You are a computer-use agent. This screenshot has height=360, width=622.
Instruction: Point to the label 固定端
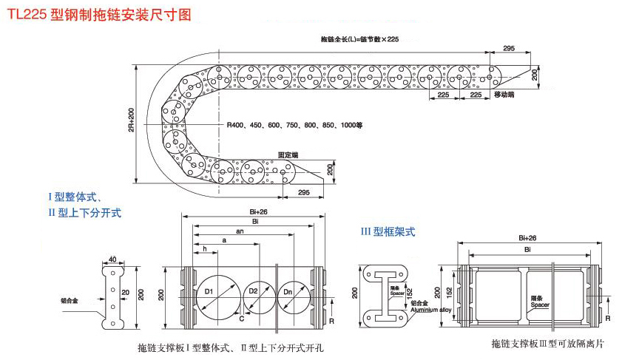tap(288, 155)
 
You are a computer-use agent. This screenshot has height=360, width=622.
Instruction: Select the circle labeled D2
tap(253, 291)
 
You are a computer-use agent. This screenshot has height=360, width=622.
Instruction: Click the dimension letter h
tap(204, 249)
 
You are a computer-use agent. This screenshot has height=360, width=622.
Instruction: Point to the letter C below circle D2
tap(241, 319)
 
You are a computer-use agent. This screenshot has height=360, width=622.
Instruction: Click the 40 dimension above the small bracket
tap(112, 259)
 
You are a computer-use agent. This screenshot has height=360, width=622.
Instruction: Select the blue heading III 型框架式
tap(388, 231)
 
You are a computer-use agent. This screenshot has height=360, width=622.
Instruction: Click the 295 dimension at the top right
tap(509, 48)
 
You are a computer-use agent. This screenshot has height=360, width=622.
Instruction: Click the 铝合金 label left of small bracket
tap(71, 301)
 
